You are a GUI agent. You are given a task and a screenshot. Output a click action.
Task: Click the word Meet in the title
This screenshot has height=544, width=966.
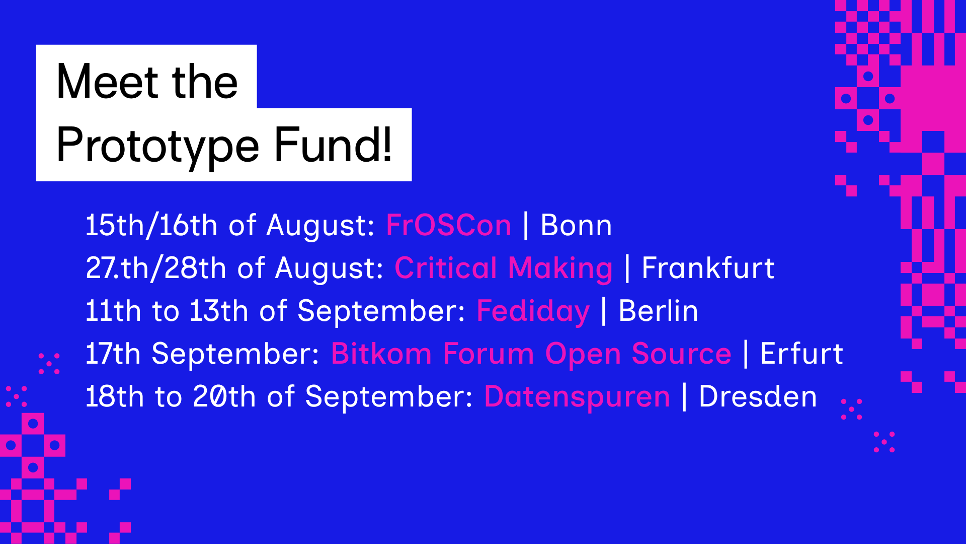coord(107,82)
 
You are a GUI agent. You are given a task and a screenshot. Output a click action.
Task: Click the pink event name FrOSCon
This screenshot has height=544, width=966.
coord(449,225)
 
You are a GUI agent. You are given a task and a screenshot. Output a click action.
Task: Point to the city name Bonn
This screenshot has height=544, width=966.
coord(576,225)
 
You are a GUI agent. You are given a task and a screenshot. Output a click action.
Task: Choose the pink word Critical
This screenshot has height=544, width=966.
coord(446,267)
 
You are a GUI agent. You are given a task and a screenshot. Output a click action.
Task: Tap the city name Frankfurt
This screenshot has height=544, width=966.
coord(708,267)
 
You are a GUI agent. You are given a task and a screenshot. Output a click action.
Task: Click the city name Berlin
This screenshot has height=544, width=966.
coord(659,311)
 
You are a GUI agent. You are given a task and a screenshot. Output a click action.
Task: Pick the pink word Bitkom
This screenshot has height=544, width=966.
coord(381,353)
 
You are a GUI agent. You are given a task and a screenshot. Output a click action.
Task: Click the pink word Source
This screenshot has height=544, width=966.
coord(681,354)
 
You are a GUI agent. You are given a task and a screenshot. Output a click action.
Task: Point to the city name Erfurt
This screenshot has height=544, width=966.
coord(802,353)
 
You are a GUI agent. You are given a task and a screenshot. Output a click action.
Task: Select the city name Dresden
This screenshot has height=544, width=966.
coord(758,396)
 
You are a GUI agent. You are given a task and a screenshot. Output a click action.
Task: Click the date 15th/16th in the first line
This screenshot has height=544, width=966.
coord(151,225)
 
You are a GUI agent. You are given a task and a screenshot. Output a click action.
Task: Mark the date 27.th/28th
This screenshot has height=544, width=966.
coord(155,268)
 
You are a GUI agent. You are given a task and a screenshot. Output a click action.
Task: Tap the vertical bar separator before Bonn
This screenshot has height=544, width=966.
coord(526,225)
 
